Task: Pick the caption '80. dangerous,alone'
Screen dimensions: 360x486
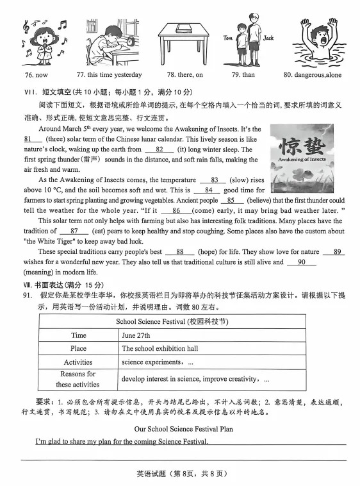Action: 318,75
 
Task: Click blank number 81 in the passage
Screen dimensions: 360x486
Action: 32,139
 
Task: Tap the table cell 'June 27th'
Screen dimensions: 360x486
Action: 136,335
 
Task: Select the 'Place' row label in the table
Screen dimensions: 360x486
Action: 78,348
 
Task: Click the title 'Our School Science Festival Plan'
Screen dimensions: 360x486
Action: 183,429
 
